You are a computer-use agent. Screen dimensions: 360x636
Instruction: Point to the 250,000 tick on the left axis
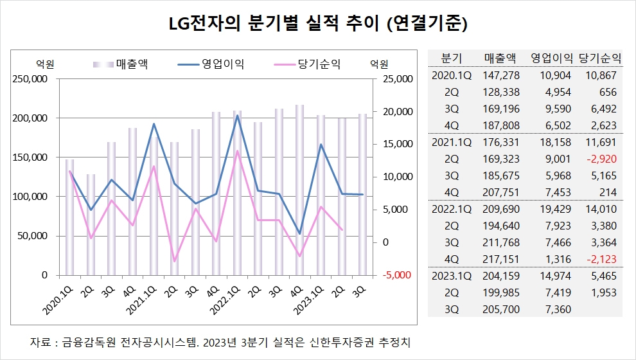pos(30,79)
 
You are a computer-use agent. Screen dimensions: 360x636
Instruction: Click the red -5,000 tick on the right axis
pos(396,275)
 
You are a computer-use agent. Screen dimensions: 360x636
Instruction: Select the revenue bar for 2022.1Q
pos(237,193)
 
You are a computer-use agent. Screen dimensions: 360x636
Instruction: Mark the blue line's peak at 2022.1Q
pos(237,116)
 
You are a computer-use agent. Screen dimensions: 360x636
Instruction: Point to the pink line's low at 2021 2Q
pos(173,262)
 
